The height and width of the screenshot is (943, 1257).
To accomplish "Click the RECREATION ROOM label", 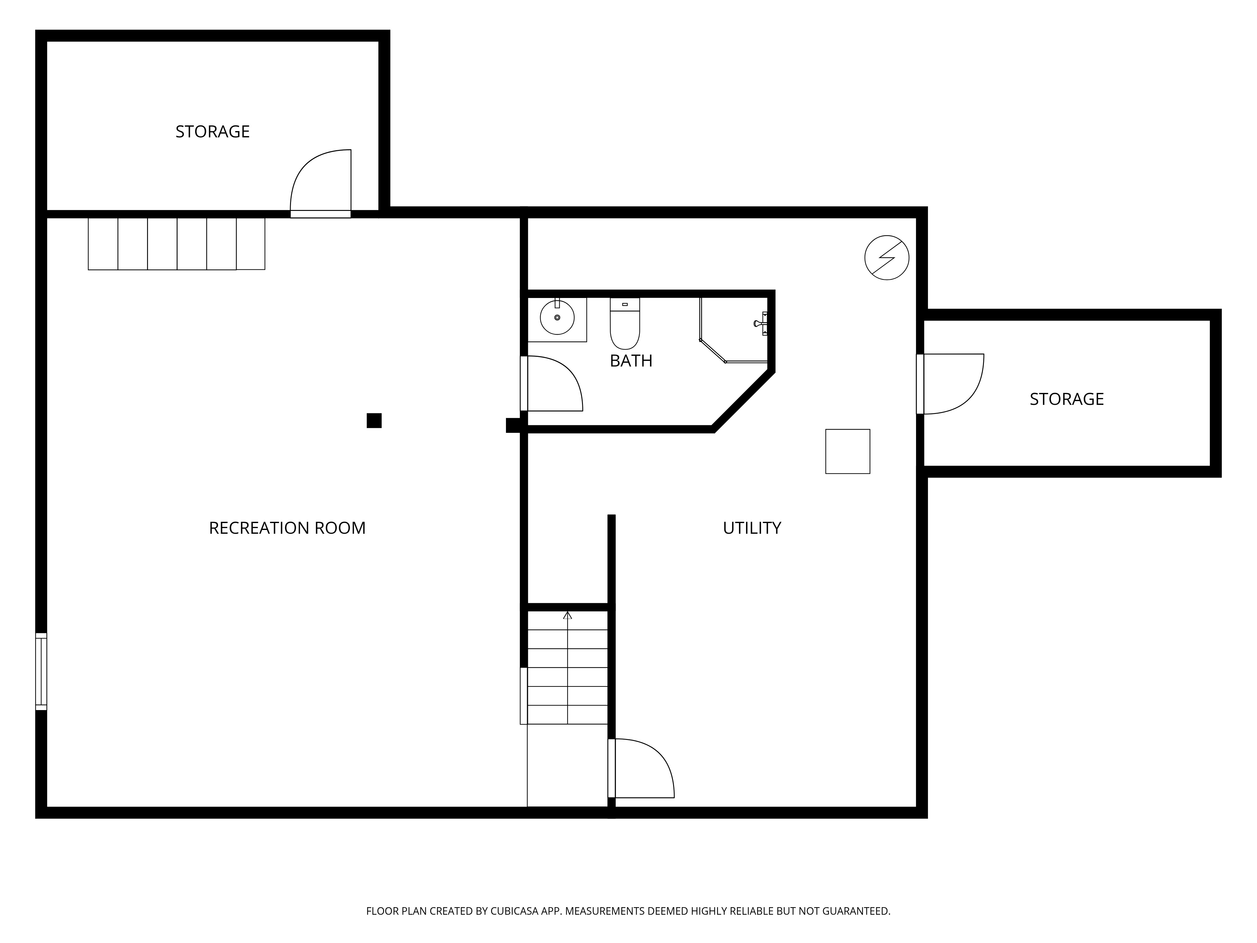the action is pos(287,528).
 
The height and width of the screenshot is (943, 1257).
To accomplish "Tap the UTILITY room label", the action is pos(752,528).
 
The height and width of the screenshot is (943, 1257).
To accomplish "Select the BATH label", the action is pos(631,361).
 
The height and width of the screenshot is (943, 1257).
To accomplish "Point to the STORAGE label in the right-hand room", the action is pos(1067,399).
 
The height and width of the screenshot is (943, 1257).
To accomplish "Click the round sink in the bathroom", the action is pos(557,318).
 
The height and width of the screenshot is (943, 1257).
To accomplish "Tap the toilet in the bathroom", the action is pos(624,323).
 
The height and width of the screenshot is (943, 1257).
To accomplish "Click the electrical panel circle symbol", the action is pos(886,257).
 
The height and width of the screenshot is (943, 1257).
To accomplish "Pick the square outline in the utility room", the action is pos(847,451).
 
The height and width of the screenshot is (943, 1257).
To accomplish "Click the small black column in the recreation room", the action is pos(374,421).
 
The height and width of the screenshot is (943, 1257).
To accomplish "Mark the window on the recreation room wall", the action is pos(41,671).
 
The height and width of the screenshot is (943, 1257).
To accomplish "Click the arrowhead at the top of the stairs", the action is pos(567,615).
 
